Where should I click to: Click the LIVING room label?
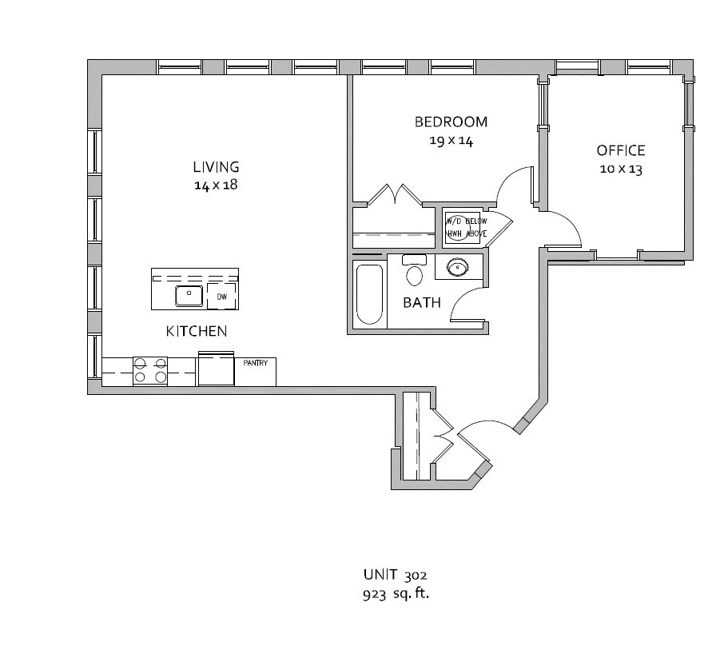coord(216,166)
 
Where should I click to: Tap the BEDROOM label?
coord(451,122)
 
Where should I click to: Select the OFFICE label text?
coord(621,150)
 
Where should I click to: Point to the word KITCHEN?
coord(197,331)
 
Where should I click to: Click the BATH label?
coord(422,302)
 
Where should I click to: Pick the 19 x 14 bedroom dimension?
coord(451,141)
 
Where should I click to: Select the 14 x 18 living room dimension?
coord(216,185)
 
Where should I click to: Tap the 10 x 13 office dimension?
coord(621,169)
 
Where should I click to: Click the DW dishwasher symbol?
coord(222,297)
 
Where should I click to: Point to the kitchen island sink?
coord(189,296)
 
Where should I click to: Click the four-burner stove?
coord(150,371)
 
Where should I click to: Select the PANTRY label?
coord(255,363)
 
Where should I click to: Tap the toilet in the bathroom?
coord(415,270)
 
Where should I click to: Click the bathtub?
coord(369,294)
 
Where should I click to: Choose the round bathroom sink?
coord(458,266)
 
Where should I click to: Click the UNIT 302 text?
coord(396,575)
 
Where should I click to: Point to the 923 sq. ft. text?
coord(396,593)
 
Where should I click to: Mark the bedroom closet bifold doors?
coord(395,194)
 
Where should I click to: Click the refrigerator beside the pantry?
coord(216,369)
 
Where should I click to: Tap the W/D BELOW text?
coord(467,221)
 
